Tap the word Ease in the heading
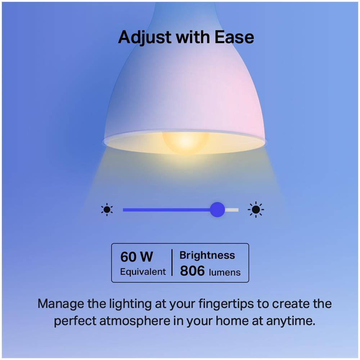[234, 37]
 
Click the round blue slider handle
[217, 210]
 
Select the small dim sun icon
[107, 210]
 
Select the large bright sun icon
[256, 210]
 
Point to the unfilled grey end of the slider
[231, 210]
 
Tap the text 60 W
[136, 257]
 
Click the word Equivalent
[143, 272]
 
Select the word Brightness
[207, 255]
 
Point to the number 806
[192, 271]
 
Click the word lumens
[225, 272]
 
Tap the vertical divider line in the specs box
[172, 262]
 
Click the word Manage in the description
[61, 304]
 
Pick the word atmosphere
[135, 321]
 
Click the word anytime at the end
[291, 321]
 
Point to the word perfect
[75, 321]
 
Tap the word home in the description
[232, 321]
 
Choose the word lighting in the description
[130, 304]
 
